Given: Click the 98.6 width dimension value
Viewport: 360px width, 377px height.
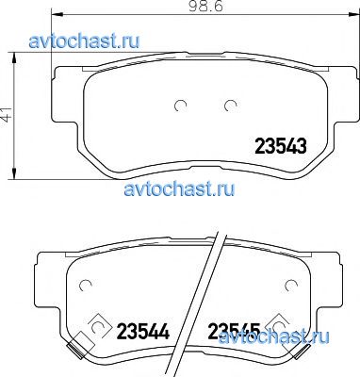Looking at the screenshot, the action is point(206,7).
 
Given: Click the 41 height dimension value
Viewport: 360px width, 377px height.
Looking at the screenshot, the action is point(7,115).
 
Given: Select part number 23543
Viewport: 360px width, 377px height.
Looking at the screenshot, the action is point(280,147).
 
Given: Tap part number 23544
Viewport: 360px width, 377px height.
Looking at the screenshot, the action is point(143,332).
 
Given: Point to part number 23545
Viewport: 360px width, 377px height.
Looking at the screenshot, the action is point(235,332).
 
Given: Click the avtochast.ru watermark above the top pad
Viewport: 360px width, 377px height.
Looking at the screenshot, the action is point(84,41).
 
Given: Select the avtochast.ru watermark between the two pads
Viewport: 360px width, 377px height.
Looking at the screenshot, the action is point(179,188).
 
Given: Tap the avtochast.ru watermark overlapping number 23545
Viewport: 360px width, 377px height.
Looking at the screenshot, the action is point(274,336).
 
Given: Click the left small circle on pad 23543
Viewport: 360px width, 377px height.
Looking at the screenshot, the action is point(181,106).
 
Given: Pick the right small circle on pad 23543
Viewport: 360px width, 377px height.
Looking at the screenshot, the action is point(230,106).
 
